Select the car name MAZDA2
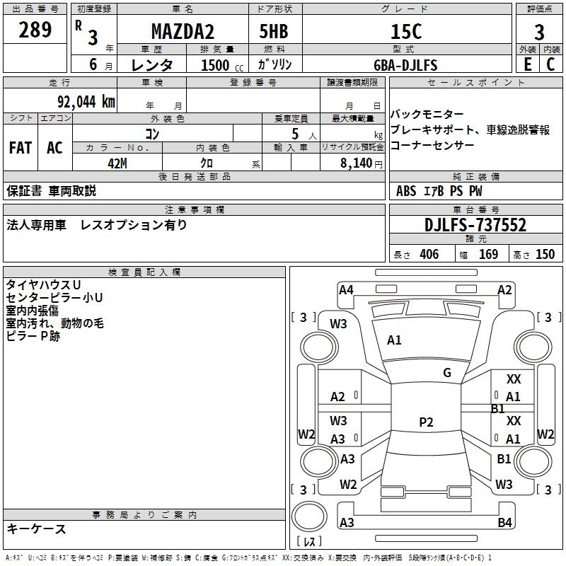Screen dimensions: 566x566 pyautogui.click(x=182, y=32)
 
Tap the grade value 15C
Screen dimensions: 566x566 pyautogui.click(x=405, y=32)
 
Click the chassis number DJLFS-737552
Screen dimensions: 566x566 pyautogui.click(x=475, y=225)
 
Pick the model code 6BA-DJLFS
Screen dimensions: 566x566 pyautogui.click(x=405, y=65)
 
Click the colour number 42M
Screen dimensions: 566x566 pyautogui.click(x=117, y=162)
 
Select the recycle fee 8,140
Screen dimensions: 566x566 pyautogui.click(x=357, y=163)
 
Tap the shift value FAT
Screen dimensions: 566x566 pyautogui.click(x=21, y=148)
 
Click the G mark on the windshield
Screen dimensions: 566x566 pyautogui.click(x=447, y=373)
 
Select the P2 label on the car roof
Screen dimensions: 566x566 pyautogui.click(x=426, y=422)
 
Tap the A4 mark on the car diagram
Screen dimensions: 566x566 pyautogui.click(x=346, y=289)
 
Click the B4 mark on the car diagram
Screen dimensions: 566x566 pyautogui.click(x=504, y=523)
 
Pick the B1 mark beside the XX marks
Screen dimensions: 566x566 pyautogui.click(x=497, y=409)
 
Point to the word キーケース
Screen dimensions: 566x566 pyautogui.click(x=37, y=529)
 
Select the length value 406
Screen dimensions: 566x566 pyautogui.click(x=429, y=255)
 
